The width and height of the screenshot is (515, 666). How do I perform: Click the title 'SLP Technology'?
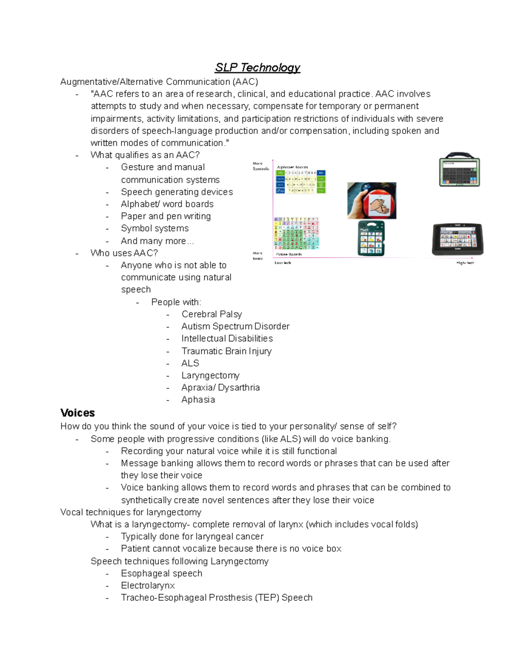(x=257, y=68)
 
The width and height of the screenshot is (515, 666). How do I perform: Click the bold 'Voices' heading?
(x=78, y=413)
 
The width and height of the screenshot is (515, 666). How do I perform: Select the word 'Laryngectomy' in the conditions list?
(x=210, y=375)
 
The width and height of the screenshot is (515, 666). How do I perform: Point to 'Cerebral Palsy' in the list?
(x=212, y=314)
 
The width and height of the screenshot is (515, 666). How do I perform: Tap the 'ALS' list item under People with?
(x=190, y=363)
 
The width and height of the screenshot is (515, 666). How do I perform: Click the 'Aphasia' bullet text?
(x=198, y=400)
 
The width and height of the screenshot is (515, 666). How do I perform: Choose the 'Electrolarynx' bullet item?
(x=148, y=585)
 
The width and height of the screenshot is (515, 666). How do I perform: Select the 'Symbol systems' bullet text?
(x=154, y=229)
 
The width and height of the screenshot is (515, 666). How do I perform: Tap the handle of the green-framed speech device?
(x=459, y=155)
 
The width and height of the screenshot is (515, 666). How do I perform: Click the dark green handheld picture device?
(x=371, y=238)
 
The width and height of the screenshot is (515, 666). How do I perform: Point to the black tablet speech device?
(x=457, y=239)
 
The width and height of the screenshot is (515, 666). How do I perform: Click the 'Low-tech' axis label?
(x=283, y=263)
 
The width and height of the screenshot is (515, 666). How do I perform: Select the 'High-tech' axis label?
(x=465, y=263)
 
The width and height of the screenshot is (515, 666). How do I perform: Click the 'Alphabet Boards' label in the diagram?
(x=292, y=167)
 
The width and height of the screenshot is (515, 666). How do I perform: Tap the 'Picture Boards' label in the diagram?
(x=289, y=254)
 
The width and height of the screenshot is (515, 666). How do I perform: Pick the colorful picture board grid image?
(x=297, y=234)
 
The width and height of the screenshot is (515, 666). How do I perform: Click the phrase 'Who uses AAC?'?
(x=124, y=253)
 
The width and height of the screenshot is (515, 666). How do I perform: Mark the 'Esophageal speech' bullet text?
(x=161, y=573)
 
